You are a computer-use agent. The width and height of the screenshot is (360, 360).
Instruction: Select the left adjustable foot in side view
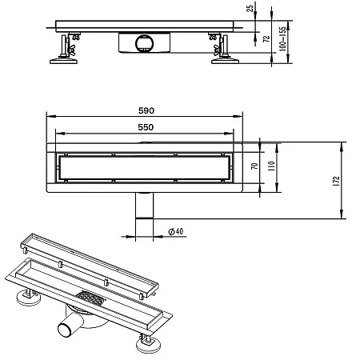[x=62, y=49]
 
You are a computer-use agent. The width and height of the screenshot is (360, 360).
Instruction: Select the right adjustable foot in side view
[x=219, y=49]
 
